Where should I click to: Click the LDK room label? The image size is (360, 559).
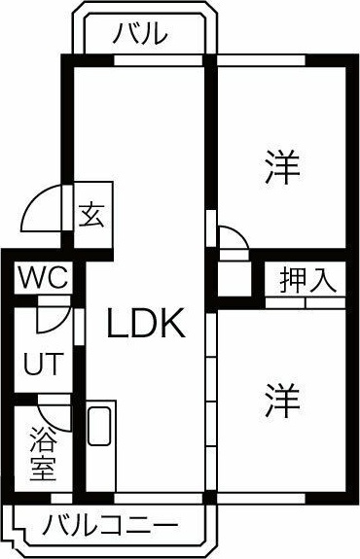pos(146,323)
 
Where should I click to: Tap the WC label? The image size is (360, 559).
pos(43,277)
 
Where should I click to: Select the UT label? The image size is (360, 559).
pos(44,364)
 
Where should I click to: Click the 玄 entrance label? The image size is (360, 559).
pos(92,215)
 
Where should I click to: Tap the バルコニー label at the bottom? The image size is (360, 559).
pos(110,526)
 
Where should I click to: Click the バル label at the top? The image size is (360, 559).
pos(140,34)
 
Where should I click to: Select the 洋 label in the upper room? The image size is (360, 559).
pos(282,167)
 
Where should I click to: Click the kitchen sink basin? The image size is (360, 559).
pos(99,426)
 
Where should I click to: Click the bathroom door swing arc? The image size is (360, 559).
pos(50,421)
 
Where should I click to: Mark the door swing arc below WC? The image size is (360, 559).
pos(56,325)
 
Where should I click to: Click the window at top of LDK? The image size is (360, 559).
pos(158,60)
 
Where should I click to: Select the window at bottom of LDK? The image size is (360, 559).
pos(158,498)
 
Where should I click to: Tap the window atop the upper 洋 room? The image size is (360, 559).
pos(261,60)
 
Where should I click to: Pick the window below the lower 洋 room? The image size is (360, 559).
pos(261,498)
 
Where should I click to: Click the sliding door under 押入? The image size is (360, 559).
pos(306,303)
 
